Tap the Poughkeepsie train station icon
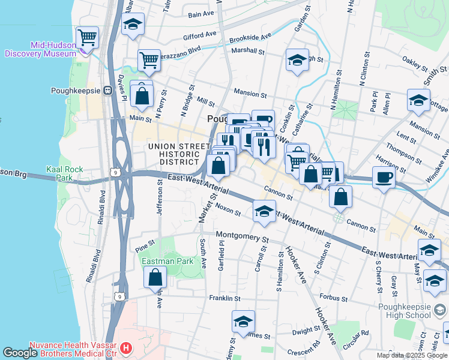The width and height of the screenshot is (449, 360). point(108,91)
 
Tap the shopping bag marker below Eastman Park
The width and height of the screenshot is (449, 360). point(155,277)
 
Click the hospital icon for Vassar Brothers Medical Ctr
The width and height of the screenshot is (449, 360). point(126,348)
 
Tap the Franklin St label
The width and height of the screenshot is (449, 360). point(224,298)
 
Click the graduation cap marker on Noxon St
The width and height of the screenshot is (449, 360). point(264,211)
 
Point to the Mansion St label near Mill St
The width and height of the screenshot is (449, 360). point(250,94)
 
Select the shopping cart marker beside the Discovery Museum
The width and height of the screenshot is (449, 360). point(88,37)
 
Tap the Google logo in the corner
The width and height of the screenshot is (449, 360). point(20,353)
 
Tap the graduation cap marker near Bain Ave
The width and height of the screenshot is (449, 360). point(133,24)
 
